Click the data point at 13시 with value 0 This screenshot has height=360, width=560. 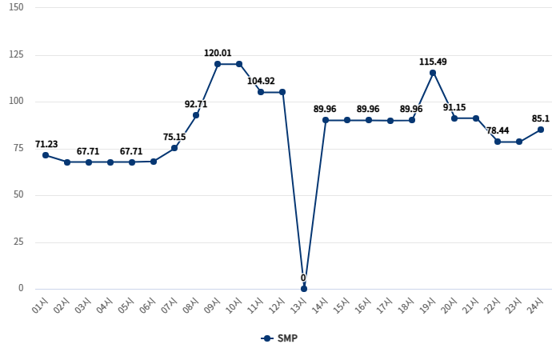point(304,288)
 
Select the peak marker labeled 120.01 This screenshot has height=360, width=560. point(218,64)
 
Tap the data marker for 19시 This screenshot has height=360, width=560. point(433,73)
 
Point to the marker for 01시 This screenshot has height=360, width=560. point(46,155)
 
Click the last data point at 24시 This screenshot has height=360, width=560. point(541,130)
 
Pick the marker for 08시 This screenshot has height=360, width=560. point(196,115)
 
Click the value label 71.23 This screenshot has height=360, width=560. point(46,145)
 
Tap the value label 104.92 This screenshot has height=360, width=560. point(261,81)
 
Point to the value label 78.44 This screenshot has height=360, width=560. point(498,130)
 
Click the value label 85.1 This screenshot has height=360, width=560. point(541,119)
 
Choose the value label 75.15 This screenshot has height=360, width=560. point(174,137)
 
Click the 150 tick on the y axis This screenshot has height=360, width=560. point(16,7)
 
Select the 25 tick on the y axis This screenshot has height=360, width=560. point(18,242)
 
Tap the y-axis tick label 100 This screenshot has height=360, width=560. point(16,101)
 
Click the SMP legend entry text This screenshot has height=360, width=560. point(287,338)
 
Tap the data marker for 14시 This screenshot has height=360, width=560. point(326,120)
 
